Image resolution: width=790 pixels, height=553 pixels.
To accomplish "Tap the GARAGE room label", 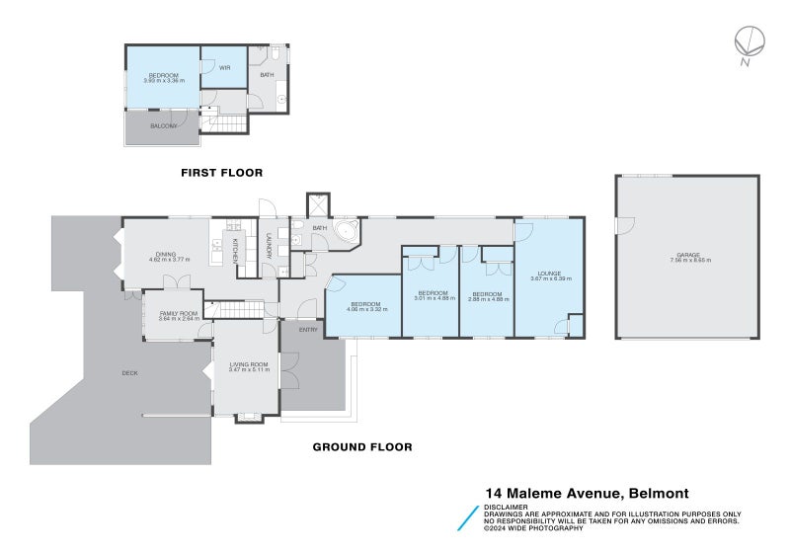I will point(689,256).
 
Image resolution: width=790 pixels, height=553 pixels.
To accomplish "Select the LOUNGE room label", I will point(548,274).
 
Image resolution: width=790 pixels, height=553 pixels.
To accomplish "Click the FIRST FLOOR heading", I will point(221,173).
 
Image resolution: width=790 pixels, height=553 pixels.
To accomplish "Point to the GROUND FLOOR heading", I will point(362,446).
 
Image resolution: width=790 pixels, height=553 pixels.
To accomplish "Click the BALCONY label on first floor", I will point(164,125).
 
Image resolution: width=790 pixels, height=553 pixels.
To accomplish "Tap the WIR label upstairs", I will point(224,68).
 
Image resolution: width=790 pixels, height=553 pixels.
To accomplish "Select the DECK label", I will point(129,372).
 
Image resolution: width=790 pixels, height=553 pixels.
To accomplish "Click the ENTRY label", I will point(308,329).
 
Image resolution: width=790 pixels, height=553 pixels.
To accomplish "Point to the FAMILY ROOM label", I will point(179,314).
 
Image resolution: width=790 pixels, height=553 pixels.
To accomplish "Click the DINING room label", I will point(165,255).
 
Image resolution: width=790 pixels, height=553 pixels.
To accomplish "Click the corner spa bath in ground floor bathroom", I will point(347,234).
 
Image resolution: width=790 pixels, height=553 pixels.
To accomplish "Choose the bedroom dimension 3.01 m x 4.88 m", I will point(433,297).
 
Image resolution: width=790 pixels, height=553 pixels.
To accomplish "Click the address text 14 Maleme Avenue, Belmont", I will point(587,493).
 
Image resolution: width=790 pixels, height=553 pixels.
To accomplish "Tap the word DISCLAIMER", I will point(506,507).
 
